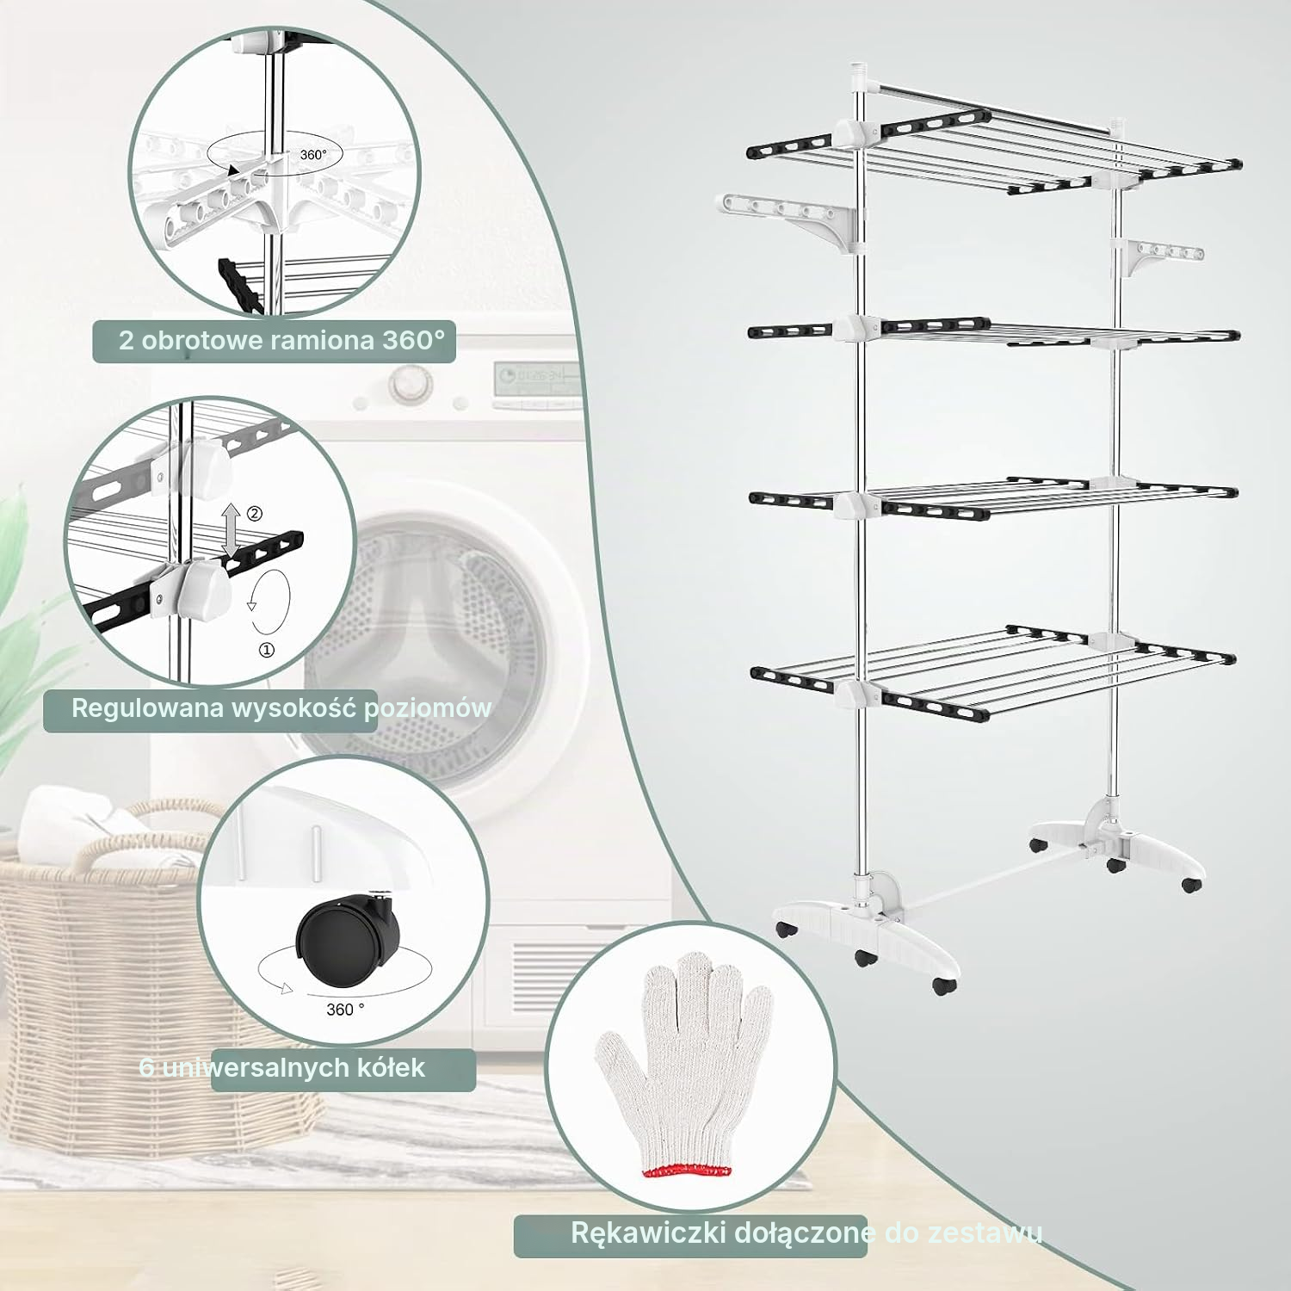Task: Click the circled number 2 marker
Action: pos(255,514)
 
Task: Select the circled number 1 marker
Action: pos(267,651)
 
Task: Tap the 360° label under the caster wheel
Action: pos(345,1009)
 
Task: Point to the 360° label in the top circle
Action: pos(313,155)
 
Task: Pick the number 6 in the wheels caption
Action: pos(147,1068)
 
